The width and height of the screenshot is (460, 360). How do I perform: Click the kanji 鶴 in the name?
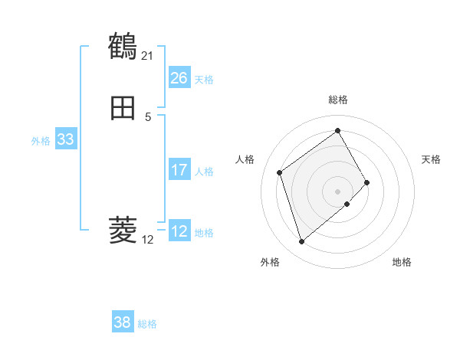click(123, 47)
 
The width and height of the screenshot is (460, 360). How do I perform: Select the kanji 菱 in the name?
click(123, 230)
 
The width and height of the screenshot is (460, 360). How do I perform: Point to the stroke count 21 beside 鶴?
click(147, 55)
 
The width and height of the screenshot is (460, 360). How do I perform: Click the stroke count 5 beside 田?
click(148, 117)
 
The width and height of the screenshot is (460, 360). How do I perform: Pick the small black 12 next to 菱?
click(147, 240)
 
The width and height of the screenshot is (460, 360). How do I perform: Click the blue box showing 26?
click(179, 78)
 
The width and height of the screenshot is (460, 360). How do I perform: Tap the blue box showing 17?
click(179, 170)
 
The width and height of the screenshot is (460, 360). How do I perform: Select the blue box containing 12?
click(179, 231)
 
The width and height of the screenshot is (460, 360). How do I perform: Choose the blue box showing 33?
click(65, 139)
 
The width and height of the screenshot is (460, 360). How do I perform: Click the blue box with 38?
click(122, 322)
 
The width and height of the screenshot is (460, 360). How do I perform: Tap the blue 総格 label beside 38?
click(147, 324)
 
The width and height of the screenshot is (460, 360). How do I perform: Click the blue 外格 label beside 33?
click(41, 141)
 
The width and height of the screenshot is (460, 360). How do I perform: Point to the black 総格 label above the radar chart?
click(337, 100)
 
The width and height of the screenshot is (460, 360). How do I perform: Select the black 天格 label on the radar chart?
click(431, 159)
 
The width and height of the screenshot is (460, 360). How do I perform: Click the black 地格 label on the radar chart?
click(402, 262)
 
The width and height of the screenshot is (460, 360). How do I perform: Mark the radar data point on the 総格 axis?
click(337, 131)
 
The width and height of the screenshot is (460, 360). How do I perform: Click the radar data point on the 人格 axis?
click(280, 172)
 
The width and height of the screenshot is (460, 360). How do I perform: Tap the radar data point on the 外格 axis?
click(301, 242)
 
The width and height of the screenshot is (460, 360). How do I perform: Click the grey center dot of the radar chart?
click(337, 191)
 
